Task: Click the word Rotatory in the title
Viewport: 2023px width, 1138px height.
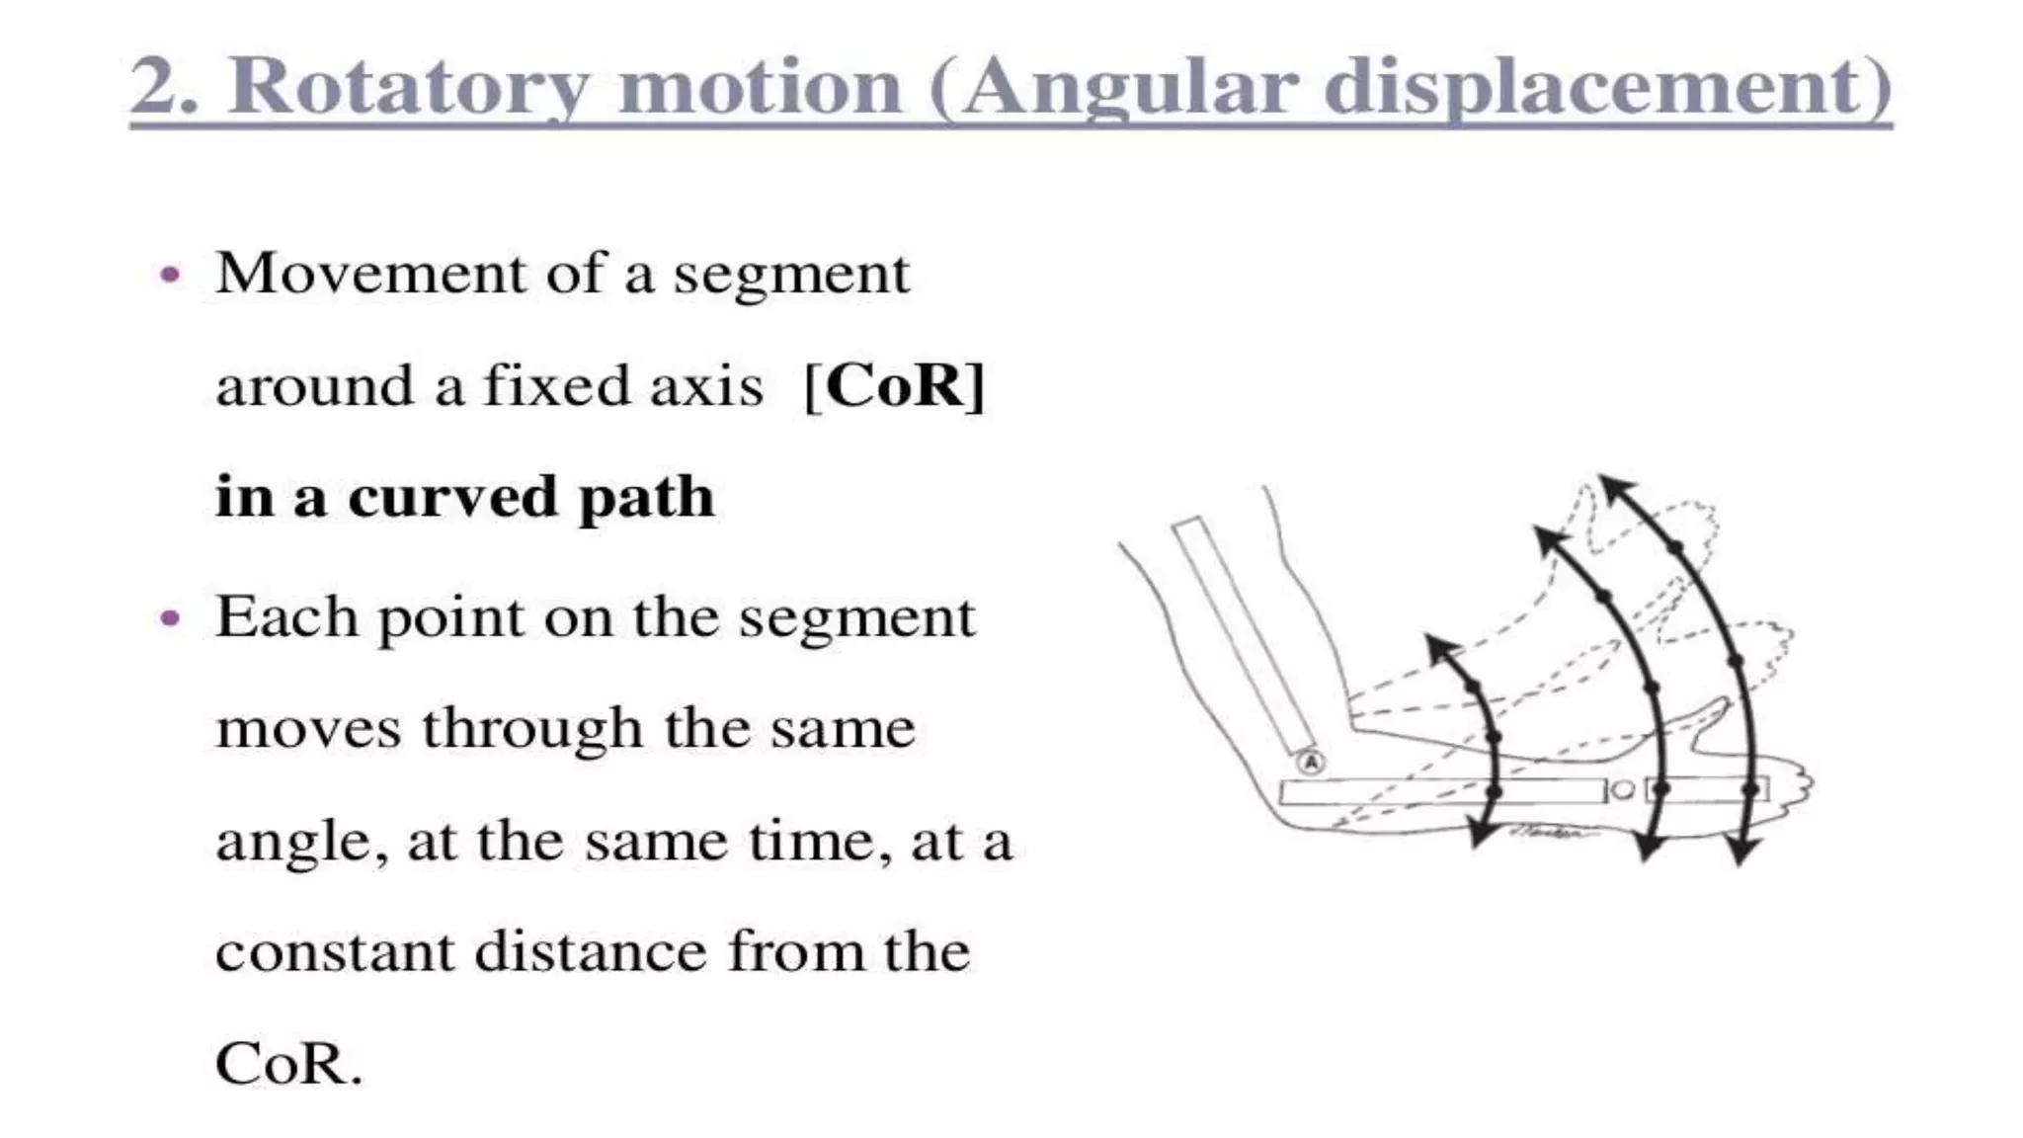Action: (x=415, y=87)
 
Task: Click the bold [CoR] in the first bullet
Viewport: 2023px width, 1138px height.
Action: (x=894, y=385)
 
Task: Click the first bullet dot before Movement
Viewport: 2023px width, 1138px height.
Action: (x=171, y=275)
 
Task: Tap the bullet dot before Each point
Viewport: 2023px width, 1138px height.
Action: (x=171, y=618)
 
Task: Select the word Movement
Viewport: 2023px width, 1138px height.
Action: (x=370, y=274)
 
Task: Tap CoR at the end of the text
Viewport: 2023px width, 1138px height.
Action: (x=288, y=1065)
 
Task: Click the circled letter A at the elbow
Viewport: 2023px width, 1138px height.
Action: (x=1309, y=763)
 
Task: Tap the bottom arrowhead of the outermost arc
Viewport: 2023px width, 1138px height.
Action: (x=1742, y=852)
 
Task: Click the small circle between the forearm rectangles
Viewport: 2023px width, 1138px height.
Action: (x=1622, y=790)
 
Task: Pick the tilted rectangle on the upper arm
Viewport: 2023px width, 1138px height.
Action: (x=1244, y=635)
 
